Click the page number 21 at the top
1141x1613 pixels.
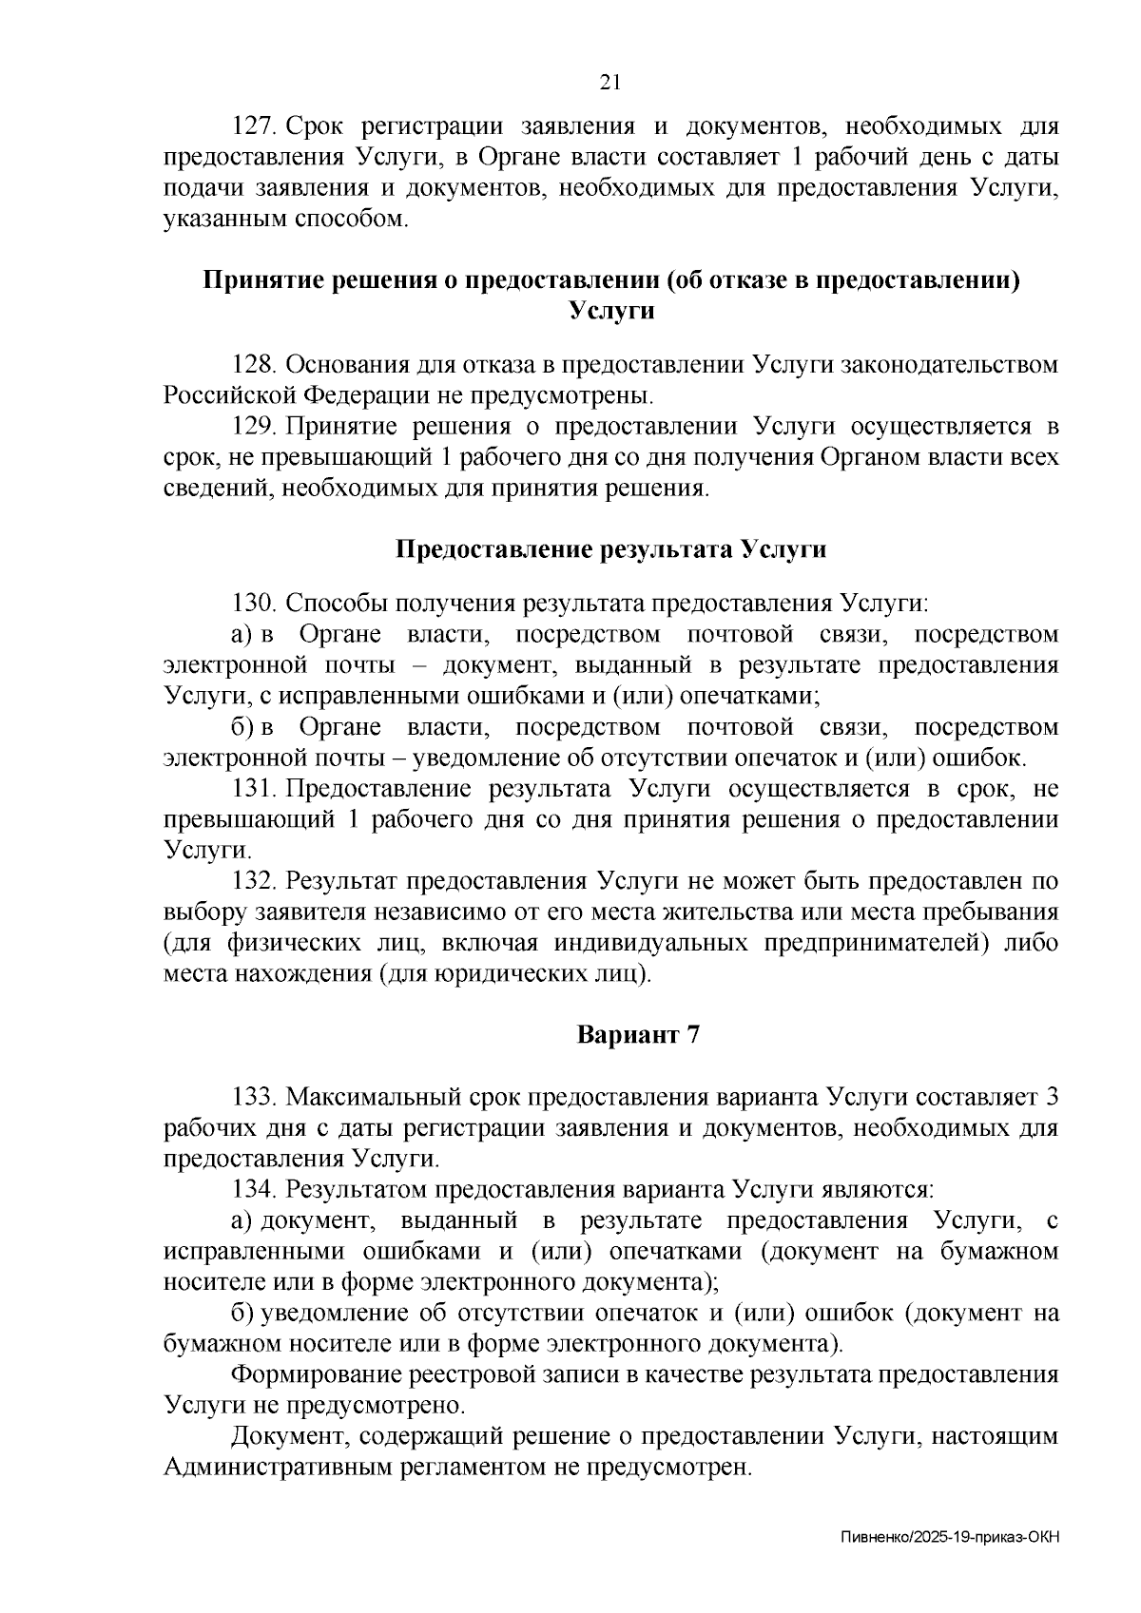pos(610,83)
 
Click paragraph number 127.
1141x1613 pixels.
pos(253,126)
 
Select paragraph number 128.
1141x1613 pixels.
pos(253,365)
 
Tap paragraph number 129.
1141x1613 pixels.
pos(253,427)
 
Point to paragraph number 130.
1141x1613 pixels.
pos(253,604)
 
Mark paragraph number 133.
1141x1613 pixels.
pos(253,1098)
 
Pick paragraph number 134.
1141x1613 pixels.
pos(253,1189)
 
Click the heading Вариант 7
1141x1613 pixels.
pos(638,1035)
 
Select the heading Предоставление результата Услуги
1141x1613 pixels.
pos(610,550)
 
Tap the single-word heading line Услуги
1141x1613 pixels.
pos(610,311)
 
